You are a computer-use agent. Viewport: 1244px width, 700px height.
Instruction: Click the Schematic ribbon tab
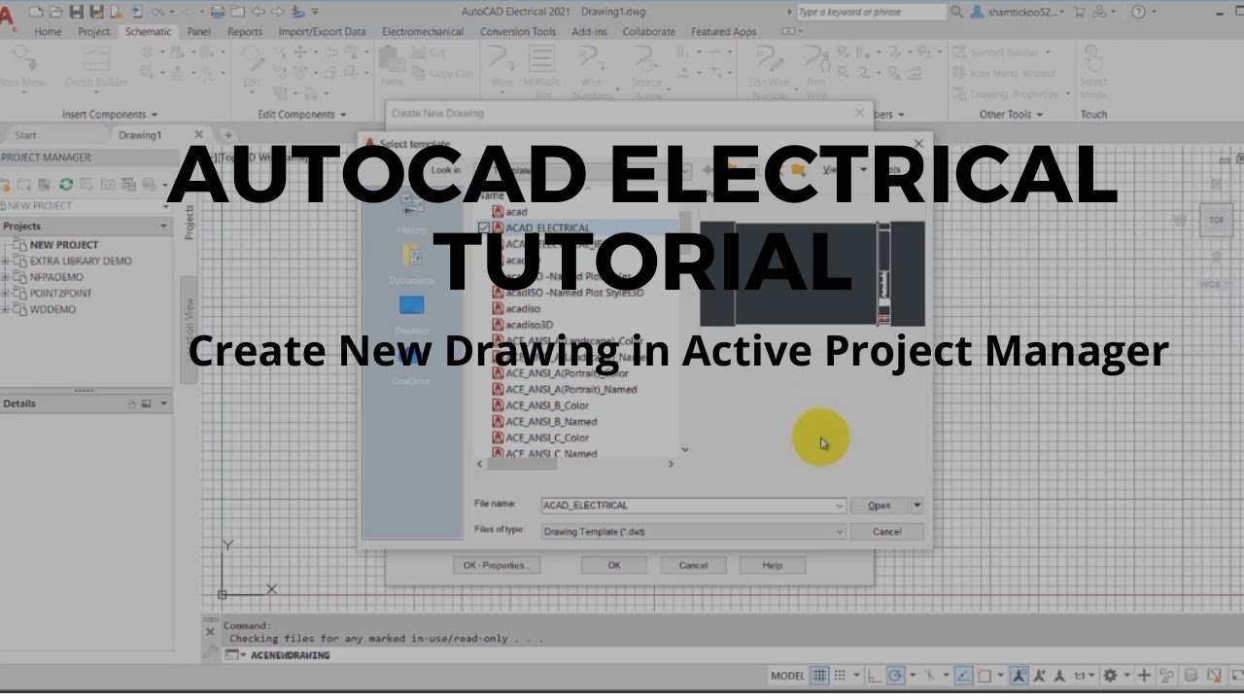coord(148,31)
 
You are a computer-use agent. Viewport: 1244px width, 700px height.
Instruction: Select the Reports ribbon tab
coord(244,31)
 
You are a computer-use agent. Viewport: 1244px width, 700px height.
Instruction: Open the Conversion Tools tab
coord(518,31)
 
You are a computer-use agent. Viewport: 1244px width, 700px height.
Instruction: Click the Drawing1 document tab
coord(140,135)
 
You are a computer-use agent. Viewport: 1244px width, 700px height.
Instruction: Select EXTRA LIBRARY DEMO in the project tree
coord(80,261)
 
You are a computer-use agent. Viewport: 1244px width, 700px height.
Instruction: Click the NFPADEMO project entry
coord(56,277)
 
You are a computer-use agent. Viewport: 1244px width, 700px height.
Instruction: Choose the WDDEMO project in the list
coord(52,309)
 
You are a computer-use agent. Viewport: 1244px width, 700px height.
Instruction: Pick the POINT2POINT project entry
coord(60,293)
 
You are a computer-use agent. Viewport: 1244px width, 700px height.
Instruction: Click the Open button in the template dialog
coord(879,506)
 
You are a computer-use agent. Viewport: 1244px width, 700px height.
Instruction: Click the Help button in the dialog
coord(772,565)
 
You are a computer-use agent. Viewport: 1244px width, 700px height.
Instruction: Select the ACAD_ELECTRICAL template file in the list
coord(547,227)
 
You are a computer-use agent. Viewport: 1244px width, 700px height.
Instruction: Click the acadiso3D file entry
coord(529,325)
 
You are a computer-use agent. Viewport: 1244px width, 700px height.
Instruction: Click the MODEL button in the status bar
coord(787,676)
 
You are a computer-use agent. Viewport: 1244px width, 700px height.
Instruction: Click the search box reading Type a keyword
coord(870,12)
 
